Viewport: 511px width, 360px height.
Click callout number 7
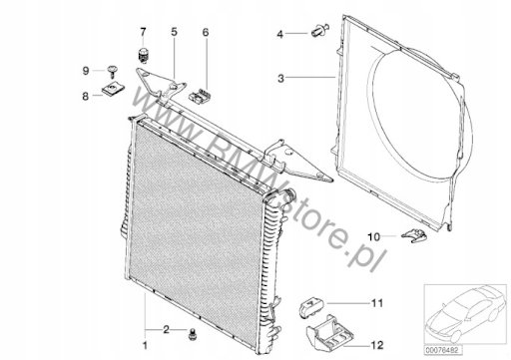143,32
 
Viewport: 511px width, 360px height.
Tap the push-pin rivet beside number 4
320,30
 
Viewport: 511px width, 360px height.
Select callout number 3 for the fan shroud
281,79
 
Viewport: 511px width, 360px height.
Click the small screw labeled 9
113,71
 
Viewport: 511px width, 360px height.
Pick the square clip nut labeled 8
113,89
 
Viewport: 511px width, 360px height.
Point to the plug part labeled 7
144,55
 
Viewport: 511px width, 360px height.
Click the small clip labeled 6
200,95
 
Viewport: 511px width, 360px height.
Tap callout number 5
175,32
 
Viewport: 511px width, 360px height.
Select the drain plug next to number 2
192,334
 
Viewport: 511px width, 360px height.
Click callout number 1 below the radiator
145,345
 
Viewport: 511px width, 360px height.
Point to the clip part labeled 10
414,235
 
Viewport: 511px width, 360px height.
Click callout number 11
377,303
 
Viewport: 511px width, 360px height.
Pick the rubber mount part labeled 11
311,307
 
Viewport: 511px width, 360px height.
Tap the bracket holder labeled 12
329,333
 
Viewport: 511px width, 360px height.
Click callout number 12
377,345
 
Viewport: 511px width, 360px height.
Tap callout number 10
373,237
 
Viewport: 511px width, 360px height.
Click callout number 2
166,329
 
